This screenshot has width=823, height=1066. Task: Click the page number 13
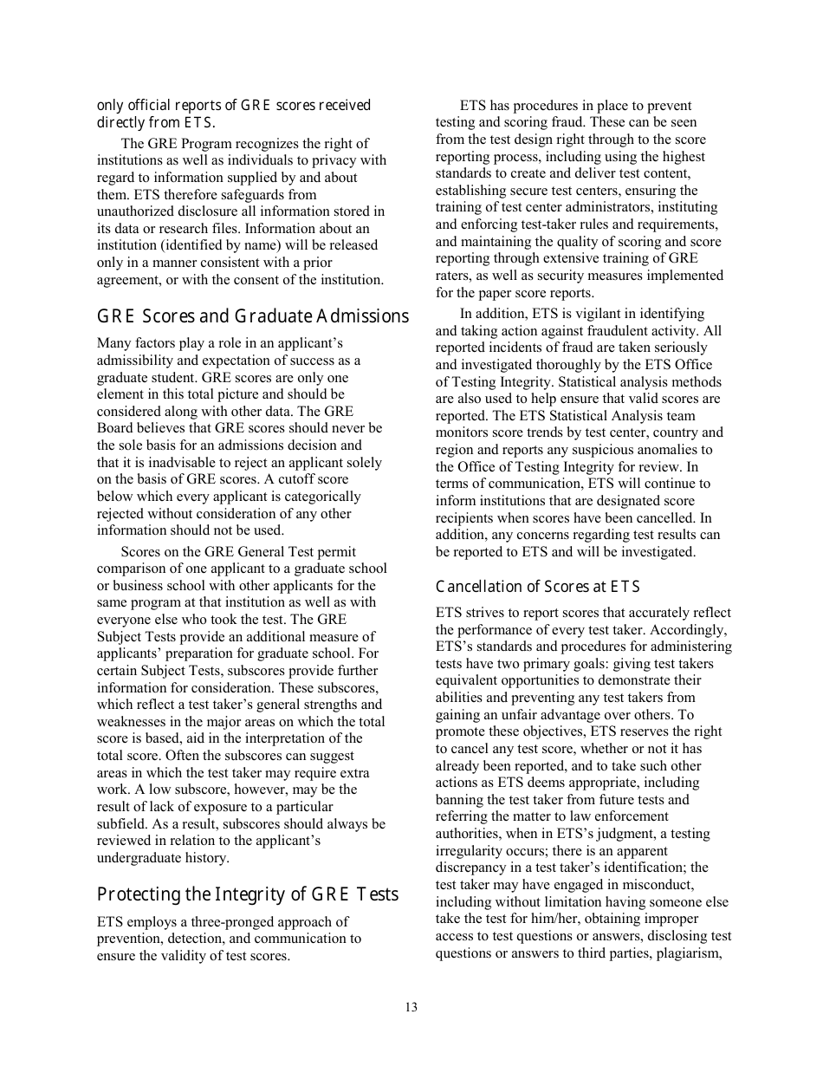411,1007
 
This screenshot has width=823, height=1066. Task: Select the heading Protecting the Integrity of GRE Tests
248,894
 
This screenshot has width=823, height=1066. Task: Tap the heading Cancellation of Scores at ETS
537,587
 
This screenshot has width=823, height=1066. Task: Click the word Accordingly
692,630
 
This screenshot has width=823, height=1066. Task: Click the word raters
454,276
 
